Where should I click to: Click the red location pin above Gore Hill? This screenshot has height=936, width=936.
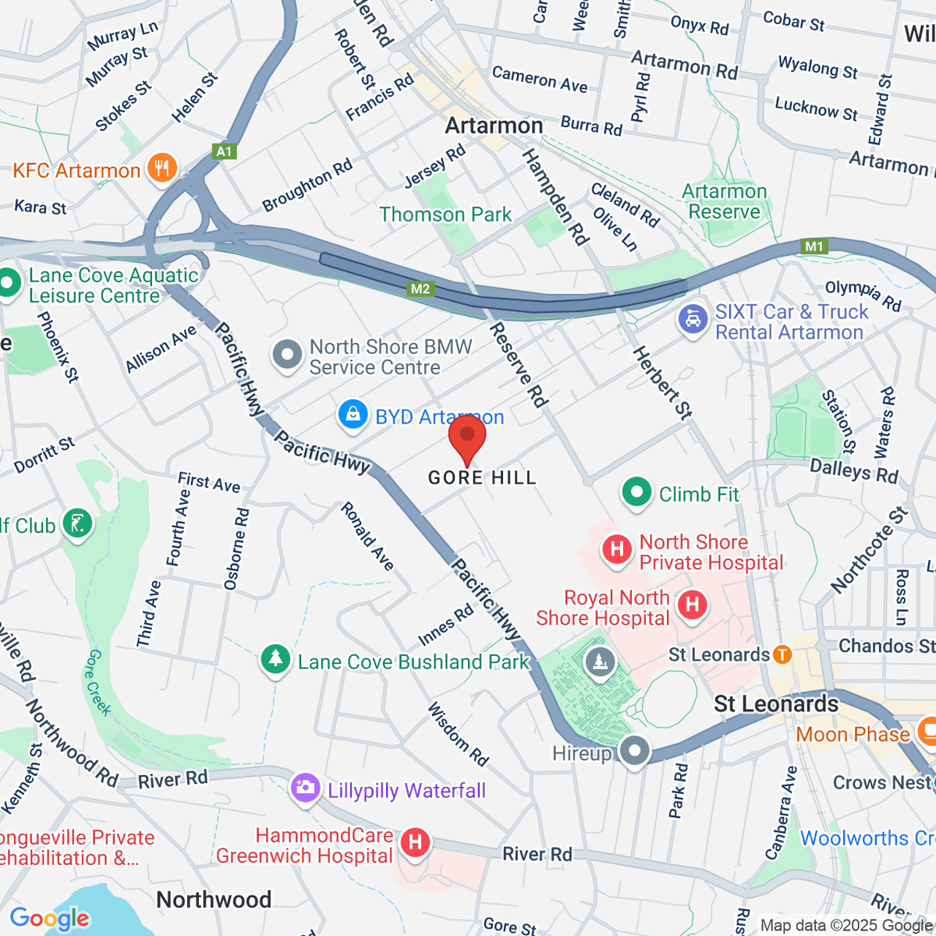(467, 438)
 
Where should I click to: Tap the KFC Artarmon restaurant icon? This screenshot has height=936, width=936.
(162, 168)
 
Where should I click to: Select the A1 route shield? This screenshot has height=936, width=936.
(225, 151)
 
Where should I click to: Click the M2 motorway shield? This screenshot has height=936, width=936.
(420, 289)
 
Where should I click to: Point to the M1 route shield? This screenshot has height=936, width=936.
(814, 246)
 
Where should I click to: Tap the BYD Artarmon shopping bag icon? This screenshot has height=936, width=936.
(353, 415)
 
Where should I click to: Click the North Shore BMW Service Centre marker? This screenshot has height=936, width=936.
(287, 356)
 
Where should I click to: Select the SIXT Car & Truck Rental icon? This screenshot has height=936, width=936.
(693, 320)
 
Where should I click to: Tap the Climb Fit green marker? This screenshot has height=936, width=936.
(637, 493)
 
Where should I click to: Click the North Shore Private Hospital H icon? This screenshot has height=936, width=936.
(616, 550)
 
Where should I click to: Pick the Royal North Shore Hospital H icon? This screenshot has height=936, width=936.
(692, 605)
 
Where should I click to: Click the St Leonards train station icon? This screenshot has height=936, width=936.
(782, 655)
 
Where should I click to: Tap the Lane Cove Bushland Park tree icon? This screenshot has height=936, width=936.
(275, 660)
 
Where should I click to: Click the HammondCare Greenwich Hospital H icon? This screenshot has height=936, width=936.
(415, 843)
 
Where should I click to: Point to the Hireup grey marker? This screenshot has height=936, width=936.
(634, 751)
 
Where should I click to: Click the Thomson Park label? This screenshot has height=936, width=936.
(445, 214)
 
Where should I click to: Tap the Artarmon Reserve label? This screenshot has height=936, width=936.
(725, 202)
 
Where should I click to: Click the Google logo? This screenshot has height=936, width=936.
(50, 918)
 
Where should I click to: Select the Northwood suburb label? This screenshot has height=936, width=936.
(214, 899)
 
